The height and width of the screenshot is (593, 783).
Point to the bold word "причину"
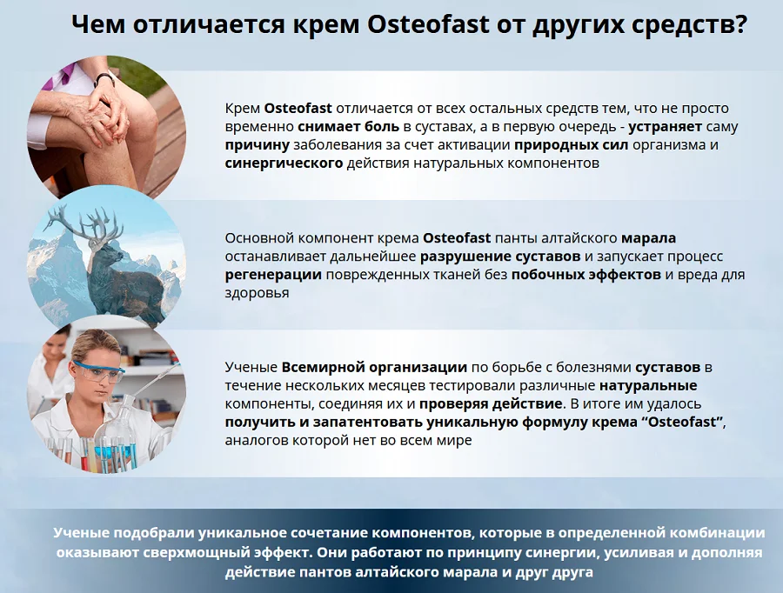tap(258, 144)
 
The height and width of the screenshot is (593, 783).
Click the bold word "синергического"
tap(284, 163)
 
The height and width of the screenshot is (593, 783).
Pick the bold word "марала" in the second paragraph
tap(648, 238)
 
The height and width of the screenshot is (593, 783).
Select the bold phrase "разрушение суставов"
tap(500, 257)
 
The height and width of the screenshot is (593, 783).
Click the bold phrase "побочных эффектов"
tap(586, 275)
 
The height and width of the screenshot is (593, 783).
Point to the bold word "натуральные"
tap(648, 385)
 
